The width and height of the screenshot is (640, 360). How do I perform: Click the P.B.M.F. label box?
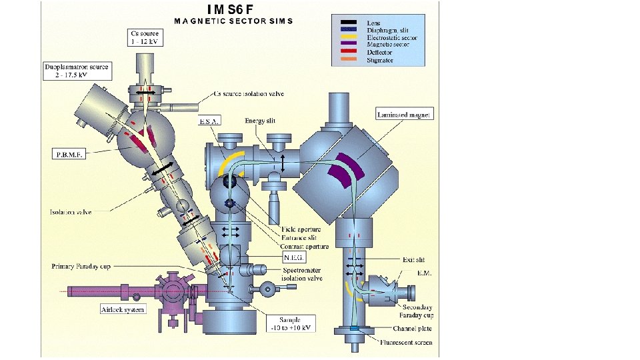[69, 153]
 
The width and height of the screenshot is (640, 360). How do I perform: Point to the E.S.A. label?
[209, 122]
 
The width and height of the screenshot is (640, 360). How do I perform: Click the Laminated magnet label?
[405, 114]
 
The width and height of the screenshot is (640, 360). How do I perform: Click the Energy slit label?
[259, 121]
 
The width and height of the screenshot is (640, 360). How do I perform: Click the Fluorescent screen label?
[407, 343]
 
